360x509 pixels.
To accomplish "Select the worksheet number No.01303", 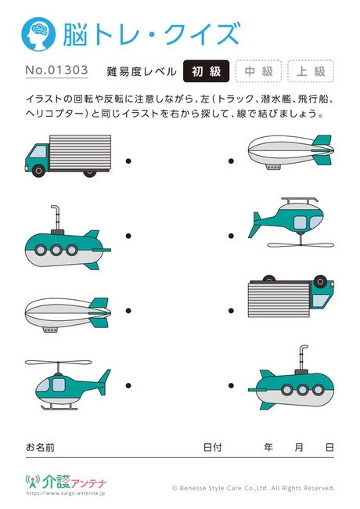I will tap(56, 71).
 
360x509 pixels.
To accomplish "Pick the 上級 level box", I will tap(310, 71).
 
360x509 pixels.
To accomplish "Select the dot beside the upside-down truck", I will tap(231, 308).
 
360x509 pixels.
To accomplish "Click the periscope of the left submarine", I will tap(55, 216).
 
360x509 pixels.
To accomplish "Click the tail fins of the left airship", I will tap(99, 307).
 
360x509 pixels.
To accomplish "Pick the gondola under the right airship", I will tap(274, 166).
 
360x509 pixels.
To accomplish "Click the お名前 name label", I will tap(41, 447).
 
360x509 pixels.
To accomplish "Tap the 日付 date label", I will tap(212, 447).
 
